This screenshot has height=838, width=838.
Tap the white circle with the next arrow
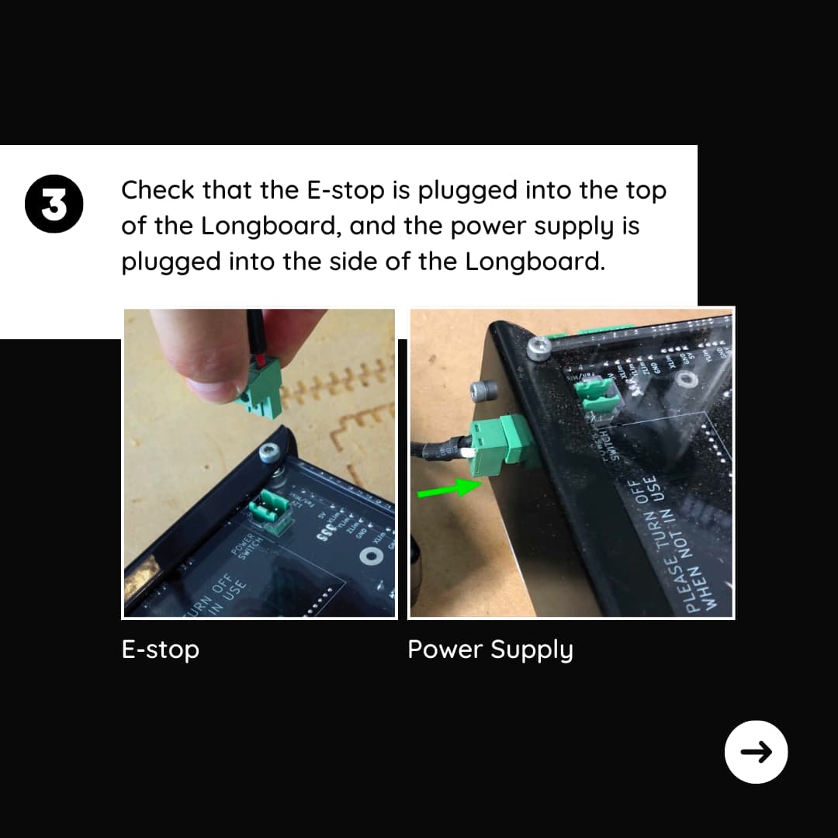(x=756, y=751)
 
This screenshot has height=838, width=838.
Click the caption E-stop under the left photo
(x=161, y=649)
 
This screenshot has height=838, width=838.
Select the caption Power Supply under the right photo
(x=490, y=649)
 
